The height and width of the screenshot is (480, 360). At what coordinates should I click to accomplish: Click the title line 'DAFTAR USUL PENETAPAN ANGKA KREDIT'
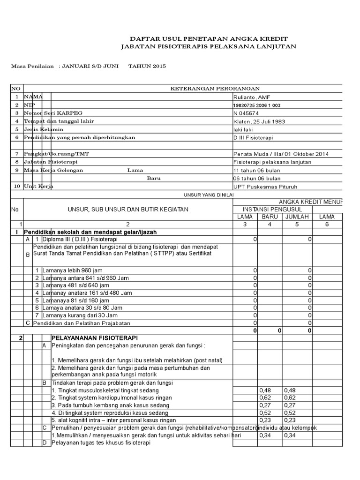(x=209, y=38)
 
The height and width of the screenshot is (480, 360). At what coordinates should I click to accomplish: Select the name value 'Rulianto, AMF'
(x=252, y=97)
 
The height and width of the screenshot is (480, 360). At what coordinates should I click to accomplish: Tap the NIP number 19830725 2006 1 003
(x=257, y=105)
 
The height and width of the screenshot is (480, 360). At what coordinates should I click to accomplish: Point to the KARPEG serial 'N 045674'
(x=245, y=113)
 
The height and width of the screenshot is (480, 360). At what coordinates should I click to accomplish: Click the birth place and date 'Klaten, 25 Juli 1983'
(x=259, y=121)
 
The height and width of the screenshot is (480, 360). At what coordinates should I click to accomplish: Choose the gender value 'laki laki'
(x=243, y=129)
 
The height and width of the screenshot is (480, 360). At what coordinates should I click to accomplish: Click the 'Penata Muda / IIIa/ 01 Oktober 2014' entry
(x=281, y=154)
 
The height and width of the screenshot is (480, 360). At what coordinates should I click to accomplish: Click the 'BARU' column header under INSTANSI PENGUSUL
(x=270, y=217)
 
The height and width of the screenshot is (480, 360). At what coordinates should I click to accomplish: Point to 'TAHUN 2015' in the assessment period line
(x=147, y=67)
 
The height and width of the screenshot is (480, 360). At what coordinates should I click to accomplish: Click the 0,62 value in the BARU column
(x=266, y=397)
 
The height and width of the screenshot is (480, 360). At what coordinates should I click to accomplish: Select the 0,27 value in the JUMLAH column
(x=291, y=405)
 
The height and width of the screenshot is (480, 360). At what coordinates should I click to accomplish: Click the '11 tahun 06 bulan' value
(x=256, y=170)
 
